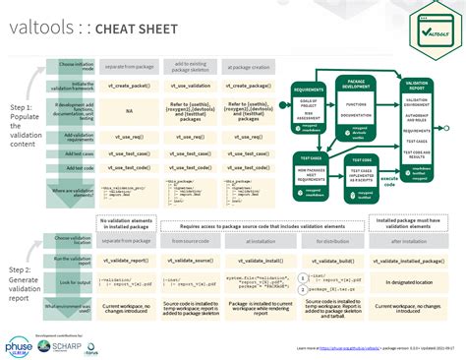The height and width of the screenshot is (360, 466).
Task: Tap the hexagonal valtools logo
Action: click(x=433, y=32)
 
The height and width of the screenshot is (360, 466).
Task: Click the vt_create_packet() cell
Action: click(x=126, y=86)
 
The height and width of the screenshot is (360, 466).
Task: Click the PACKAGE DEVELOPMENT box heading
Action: click(x=355, y=87)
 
